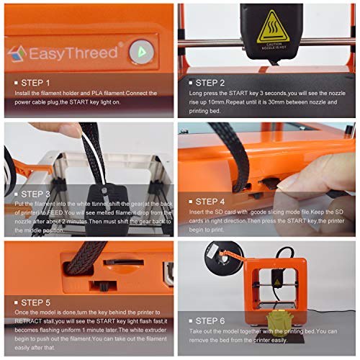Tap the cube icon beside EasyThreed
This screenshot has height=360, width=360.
point(18,53)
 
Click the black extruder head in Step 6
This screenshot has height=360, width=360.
point(277,278)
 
